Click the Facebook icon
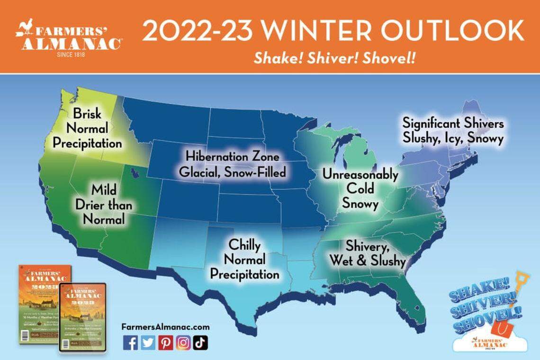(130, 342)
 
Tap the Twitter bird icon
(148, 342)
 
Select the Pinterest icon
(165, 342)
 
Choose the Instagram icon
(183, 342)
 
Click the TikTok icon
(200, 342)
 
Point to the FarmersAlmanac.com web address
(165, 327)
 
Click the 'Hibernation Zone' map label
(232, 156)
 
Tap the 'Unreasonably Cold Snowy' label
(360, 189)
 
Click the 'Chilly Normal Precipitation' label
(244, 259)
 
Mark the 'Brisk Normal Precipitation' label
(88, 128)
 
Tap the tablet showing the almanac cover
(82, 316)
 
